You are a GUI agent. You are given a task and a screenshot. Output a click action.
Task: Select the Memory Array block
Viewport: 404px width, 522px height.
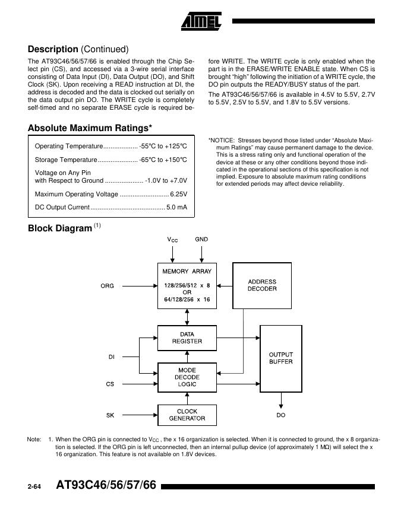coord(187,285)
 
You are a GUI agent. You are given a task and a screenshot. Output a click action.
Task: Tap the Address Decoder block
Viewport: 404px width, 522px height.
coord(262,285)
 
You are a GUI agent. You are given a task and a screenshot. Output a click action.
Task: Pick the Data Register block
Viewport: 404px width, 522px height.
coord(187,338)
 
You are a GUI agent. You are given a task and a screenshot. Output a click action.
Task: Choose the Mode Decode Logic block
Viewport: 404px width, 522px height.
coord(187,377)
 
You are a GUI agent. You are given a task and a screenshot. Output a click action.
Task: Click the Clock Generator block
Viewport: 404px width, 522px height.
coord(187,415)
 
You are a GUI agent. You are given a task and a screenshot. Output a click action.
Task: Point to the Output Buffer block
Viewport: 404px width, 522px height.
coord(280,358)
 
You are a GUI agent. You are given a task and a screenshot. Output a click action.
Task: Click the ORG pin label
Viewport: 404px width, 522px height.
coord(107,286)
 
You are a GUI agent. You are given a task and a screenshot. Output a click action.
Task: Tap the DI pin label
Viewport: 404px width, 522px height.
coord(111,357)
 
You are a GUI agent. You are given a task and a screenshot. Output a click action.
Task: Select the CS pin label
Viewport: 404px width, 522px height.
coord(110,384)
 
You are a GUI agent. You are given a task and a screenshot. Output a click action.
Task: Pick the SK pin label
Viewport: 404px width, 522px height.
coord(110,415)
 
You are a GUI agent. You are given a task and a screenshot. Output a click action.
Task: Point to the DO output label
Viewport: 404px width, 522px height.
coord(280,415)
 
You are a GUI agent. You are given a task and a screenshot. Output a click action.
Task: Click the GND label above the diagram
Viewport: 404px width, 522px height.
coord(201,239)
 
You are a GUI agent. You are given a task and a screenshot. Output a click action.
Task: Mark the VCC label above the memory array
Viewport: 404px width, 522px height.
coord(172,240)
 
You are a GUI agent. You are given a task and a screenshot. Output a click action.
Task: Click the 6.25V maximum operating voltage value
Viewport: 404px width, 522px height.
coord(178,194)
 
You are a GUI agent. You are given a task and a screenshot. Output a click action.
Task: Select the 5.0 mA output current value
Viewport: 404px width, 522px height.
coord(176,208)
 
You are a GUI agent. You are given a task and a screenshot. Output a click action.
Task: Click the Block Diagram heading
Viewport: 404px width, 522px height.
coord(60,228)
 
